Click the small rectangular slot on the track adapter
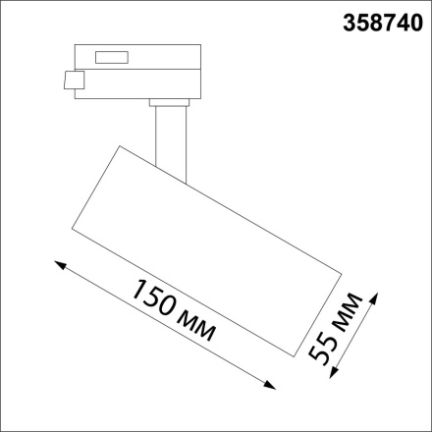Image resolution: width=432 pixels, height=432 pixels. click(108, 57)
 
